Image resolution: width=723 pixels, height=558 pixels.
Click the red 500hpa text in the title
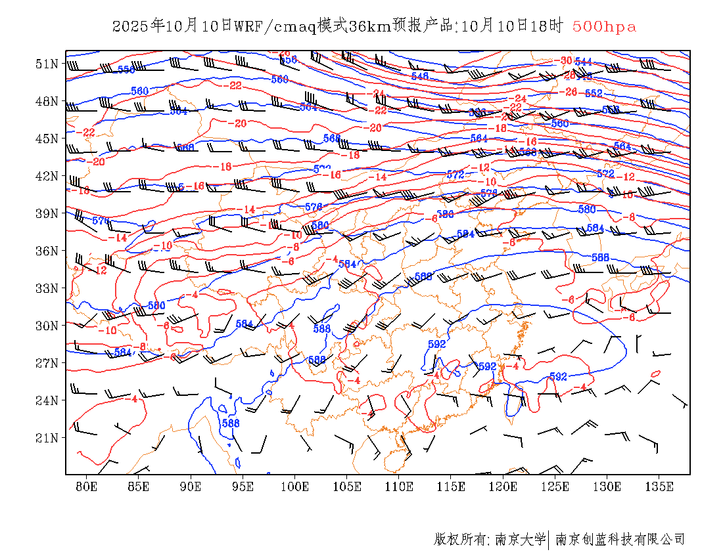(604, 27)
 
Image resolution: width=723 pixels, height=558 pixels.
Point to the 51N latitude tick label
(47, 64)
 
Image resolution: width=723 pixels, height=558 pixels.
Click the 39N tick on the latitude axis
(47, 213)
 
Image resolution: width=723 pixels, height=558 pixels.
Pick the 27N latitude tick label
(47, 363)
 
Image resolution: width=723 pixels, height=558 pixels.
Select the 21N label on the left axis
(47, 438)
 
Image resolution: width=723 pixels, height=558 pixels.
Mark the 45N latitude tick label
(47, 139)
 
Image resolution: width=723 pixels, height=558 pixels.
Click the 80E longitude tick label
(87, 486)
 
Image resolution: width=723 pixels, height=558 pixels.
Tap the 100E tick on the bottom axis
(294, 486)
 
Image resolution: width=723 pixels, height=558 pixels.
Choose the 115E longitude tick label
(451, 486)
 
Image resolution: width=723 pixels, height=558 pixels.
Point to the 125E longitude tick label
(555, 486)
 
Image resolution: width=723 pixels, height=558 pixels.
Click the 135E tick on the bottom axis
(659, 486)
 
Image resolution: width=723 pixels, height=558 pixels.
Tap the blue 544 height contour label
(583, 62)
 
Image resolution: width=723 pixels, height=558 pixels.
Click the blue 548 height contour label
(419, 76)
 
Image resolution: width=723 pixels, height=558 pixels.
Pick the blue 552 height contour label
(594, 93)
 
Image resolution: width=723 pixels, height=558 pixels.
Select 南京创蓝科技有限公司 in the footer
(620, 540)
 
